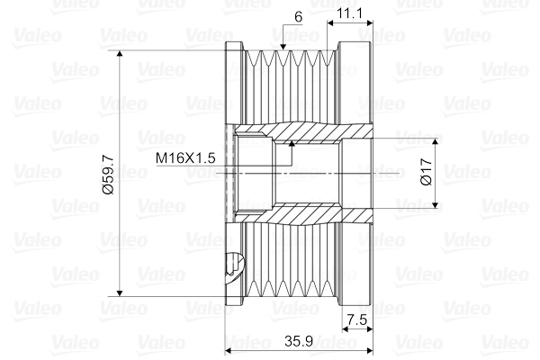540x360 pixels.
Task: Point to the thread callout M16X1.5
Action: (184, 157)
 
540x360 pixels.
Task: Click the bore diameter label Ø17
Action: (427, 173)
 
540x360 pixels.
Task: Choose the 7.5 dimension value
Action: (357, 319)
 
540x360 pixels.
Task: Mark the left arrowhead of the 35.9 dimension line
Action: (229, 351)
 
